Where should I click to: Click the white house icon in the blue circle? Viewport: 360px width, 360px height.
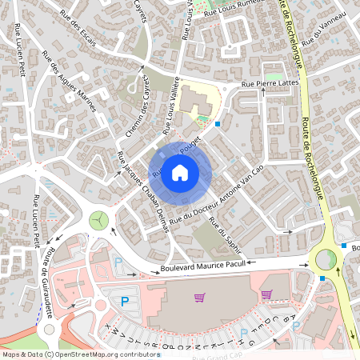[x=180, y=172]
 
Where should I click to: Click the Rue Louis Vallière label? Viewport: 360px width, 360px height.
[x=171, y=104]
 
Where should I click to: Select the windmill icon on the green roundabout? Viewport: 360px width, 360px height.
[x=98, y=218]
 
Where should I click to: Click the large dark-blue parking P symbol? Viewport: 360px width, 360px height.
[x=124, y=302]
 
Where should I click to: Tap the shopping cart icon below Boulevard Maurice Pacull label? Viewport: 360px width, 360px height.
[x=199, y=298]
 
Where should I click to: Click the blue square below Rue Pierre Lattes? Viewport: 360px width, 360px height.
[x=218, y=124]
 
